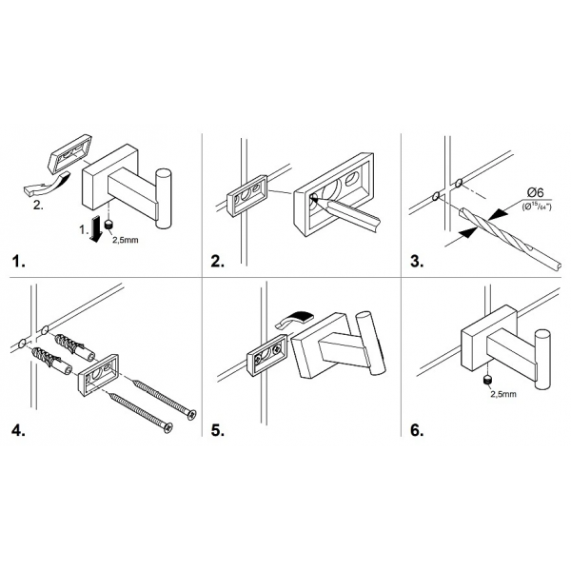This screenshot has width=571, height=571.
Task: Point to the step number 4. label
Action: (x=20, y=429)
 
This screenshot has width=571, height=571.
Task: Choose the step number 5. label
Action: (x=216, y=429)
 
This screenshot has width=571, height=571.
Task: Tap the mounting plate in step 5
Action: (x=265, y=358)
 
